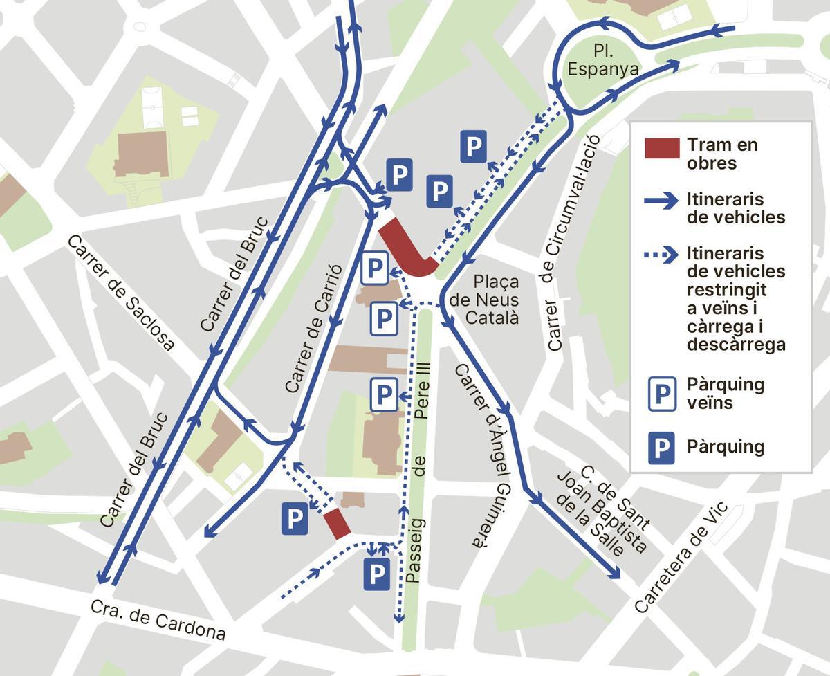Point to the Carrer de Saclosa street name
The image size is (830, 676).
pyautogui.click(x=120, y=293)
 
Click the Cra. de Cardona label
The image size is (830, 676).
pyautogui.click(x=158, y=619)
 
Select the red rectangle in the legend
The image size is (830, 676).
pyautogui.click(x=662, y=148)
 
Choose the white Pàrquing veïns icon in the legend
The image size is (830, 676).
pyautogui.click(x=662, y=394)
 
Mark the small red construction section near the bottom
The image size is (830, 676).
pyautogui.click(x=337, y=523)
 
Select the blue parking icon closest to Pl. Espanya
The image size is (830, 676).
pyautogui.click(x=473, y=147)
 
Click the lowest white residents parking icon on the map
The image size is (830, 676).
pyautogui.click(x=383, y=395)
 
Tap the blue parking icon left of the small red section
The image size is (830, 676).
pyautogui.click(x=295, y=519)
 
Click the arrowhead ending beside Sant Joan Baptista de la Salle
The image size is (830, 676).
pyautogui.click(x=615, y=574)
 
